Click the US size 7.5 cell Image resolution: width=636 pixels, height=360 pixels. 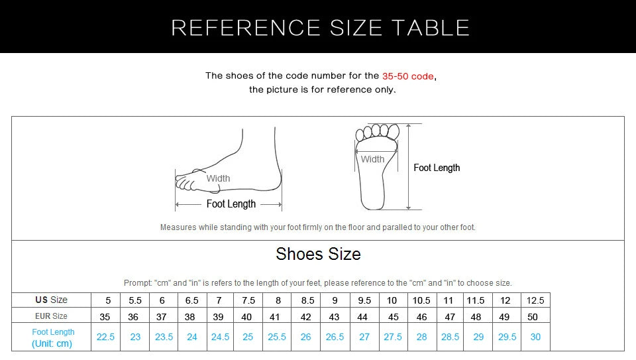pyautogui.click(x=248, y=300)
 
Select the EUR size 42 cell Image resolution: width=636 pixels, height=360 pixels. pyautogui.click(x=305, y=317)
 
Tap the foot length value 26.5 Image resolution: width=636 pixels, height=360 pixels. pyautogui.click(x=335, y=337)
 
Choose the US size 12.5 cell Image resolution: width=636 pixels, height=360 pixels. pyautogui.click(x=535, y=300)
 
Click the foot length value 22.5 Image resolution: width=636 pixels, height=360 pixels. pyautogui.click(x=105, y=337)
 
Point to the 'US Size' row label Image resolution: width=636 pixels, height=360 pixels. pyautogui.click(x=52, y=300)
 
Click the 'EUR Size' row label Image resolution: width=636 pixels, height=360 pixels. pyautogui.click(x=52, y=316)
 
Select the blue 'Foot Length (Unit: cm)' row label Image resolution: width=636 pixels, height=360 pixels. pyautogui.click(x=53, y=337)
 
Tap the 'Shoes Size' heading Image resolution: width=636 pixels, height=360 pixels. pyautogui.click(x=318, y=254)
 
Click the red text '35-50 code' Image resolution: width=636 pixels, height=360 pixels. pyautogui.click(x=407, y=76)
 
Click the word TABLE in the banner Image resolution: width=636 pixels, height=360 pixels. pyautogui.click(x=430, y=28)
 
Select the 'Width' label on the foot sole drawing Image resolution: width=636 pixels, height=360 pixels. pyautogui.click(x=372, y=159)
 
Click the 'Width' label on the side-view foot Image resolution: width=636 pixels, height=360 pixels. pyautogui.click(x=218, y=178)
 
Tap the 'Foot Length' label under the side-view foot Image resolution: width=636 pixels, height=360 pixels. pyautogui.click(x=231, y=204)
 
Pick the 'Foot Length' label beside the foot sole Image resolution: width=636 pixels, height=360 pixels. pyautogui.click(x=437, y=168)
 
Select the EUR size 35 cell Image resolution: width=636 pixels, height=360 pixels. pyautogui.click(x=105, y=317)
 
